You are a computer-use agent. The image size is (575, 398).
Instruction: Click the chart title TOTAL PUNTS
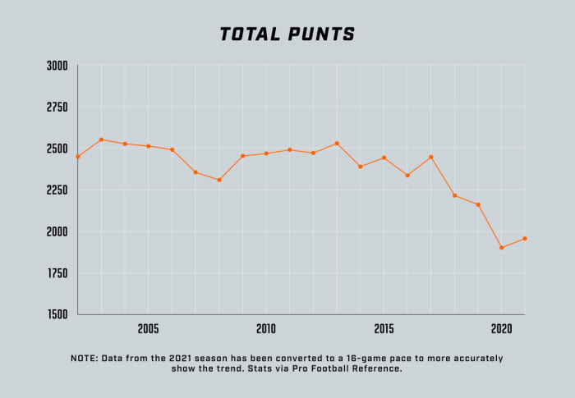tap(287, 34)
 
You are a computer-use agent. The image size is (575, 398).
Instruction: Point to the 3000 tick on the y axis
tap(57, 66)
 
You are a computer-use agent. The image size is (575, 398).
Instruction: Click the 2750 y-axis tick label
tap(57, 108)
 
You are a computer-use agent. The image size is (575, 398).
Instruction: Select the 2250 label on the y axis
tap(57, 190)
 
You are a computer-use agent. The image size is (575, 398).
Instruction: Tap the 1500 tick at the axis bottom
tap(57, 314)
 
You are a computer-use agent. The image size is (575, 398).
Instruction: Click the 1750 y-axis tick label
tap(57, 273)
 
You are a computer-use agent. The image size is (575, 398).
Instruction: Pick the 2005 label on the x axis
tap(149, 328)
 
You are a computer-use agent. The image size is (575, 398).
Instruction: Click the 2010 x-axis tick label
tap(266, 328)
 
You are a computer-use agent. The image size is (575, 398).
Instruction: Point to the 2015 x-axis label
tap(384, 328)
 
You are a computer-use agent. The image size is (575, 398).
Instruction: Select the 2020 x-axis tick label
tap(501, 328)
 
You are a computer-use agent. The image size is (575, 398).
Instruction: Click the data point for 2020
tap(501, 247)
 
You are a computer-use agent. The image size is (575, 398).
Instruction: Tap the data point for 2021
tap(524, 239)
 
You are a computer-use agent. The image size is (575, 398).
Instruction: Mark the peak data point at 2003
tap(101, 140)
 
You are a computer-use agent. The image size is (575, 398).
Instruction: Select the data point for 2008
tap(219, 180)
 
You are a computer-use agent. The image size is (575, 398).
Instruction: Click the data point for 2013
tap(337, 144)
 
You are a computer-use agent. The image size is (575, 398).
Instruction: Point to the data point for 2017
tap(430, 157)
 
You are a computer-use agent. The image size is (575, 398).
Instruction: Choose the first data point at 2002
tap(78, 157)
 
